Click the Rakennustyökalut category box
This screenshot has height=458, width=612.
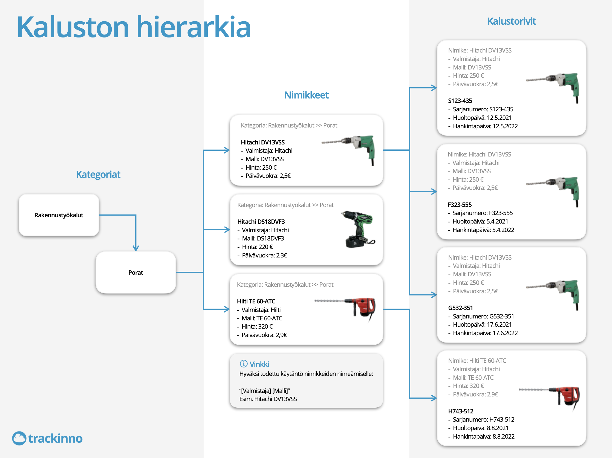click(x=59, y=215)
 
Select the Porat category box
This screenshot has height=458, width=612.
click(x=135, y=273)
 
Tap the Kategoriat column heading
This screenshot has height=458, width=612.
click(x=98, y=175)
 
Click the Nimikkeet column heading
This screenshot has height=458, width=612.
click(x=306, y=95)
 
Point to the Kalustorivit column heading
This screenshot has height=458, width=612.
click(x=511, y=21)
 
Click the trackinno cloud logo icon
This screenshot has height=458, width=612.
click(x=19, y=438)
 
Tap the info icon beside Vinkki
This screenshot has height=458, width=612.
click(x=244, y=364)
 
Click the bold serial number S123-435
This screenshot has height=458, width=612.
click(x=460, y=101)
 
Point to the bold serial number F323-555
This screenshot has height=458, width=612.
click(x=460, y=205)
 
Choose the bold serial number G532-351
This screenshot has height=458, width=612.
click(x=460, y=308)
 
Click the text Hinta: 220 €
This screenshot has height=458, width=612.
click(x=257, y=247)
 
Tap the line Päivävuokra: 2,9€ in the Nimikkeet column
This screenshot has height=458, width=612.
click(x=264, y=335)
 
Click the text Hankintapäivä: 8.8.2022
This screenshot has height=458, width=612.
click(x=483, y=436)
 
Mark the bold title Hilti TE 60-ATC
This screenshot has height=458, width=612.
click(x=256, y=301)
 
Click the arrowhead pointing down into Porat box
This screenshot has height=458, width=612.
click(x=135, y=248)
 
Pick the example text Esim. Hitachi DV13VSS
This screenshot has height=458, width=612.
click(x=268, y=399)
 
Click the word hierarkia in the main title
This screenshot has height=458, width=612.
click(x=194, y=27)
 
